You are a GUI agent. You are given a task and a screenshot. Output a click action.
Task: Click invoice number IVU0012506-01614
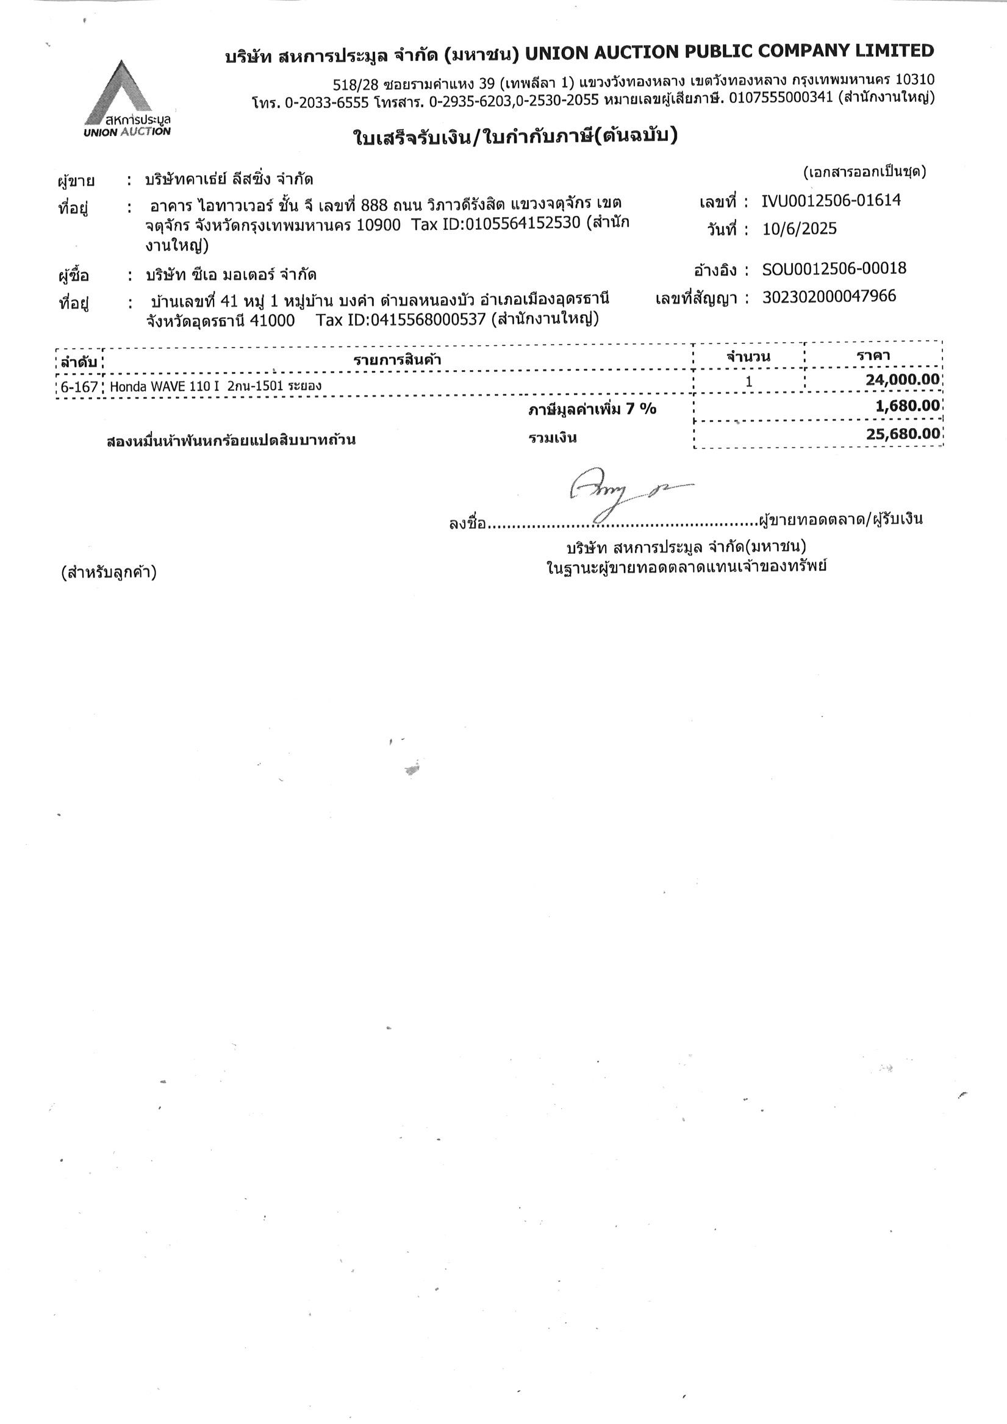831,200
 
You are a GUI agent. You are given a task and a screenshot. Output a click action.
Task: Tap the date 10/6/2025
799,229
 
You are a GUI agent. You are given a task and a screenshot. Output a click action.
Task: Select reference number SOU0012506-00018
834,268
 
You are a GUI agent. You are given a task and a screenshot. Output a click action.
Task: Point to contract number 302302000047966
829,296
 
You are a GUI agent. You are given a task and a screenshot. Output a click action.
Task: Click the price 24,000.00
903,379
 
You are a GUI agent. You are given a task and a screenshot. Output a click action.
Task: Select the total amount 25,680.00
903,433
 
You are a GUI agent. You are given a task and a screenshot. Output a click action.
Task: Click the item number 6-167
79,387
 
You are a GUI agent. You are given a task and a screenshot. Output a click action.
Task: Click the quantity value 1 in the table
749,381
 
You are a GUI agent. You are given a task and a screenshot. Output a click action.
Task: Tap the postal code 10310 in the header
914,80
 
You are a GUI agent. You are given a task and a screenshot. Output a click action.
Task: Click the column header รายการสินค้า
397,360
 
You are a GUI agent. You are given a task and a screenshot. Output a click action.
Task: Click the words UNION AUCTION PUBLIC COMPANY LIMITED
729,52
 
